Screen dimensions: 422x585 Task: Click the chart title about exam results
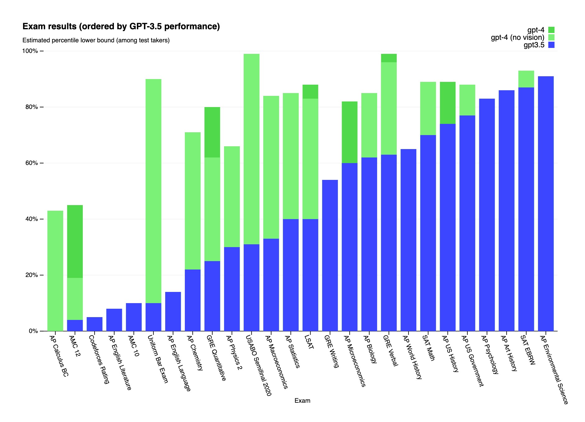121,27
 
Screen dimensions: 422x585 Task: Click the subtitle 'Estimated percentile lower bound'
96,40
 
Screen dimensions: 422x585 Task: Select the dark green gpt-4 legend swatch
551,30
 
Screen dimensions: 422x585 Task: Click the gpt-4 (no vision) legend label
517,38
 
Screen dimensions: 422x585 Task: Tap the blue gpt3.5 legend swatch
551,45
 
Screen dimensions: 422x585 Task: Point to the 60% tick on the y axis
31,163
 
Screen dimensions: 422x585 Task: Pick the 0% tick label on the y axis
33,331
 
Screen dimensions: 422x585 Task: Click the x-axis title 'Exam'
302,401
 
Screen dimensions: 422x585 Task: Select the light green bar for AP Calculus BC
55,271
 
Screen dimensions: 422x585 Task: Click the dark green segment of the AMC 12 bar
75,241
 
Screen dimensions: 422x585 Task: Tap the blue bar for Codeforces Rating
94,324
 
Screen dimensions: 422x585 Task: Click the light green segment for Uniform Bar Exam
153,191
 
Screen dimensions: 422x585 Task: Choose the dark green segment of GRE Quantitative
212,132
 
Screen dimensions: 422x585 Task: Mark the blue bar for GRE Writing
330,255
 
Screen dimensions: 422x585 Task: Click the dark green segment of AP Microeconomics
349,132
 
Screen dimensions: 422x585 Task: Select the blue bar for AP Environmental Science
545,204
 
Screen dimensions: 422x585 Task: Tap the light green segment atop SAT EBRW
526,79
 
